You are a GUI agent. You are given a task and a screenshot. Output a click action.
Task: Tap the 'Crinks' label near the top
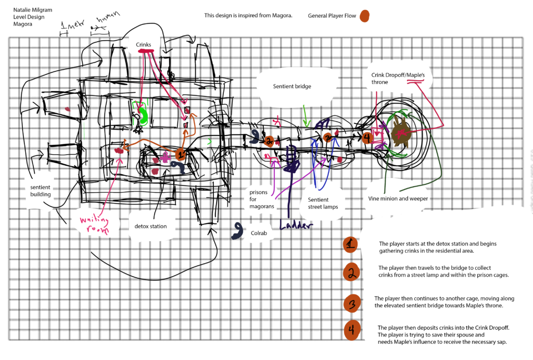(x=144, y=45)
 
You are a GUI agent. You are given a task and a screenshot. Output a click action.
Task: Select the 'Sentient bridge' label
(x=292, y=86)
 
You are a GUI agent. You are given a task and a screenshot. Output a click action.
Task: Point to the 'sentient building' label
(x=40, y=191)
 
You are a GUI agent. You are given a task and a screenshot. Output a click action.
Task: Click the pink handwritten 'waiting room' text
(x=95, y=225)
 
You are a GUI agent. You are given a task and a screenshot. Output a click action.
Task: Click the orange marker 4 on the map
(x=367, y=138)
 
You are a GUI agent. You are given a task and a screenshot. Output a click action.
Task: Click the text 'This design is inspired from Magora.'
(x=248, y=16)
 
